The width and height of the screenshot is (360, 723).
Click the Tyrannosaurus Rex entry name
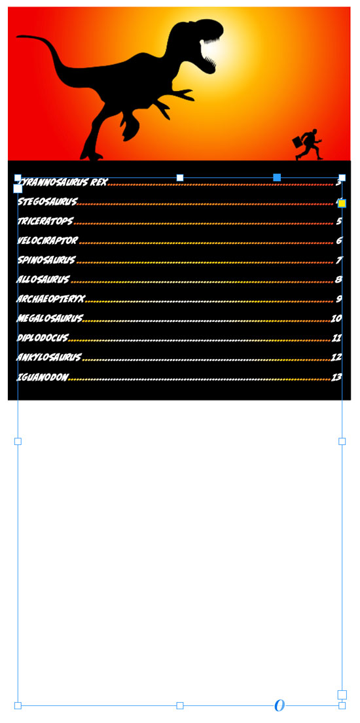pyautogui.click(x=62, y=182)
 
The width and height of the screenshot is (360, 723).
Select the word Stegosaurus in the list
pyautogui.click(x=48, y=202)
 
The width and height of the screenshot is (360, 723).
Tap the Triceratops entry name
pyautogui.click(x=45, y=221)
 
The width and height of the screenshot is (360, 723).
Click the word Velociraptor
pyautogui.click(x=48, y=240)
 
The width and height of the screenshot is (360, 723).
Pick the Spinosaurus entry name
pyautogui.click(x=46, y=260)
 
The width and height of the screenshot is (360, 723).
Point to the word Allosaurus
pyautogui.click(x=43, y=279)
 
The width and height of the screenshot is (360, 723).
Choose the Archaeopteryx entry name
pyautogui.click(x=51, y=298)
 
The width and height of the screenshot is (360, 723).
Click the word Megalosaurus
pyautogui.click(x=50, y=318)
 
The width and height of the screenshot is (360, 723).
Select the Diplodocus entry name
pyautogui.click(x=43, y=338)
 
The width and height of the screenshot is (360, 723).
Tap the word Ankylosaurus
pyautogui.click(x=49, y=357)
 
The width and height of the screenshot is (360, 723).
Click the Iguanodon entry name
pyautogui.click(x=43, y=377)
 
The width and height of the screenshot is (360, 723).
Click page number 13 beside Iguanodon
pyautogui.click(x=336, y=377)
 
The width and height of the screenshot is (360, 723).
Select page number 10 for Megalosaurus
pyautogui.click(x=336, y=318)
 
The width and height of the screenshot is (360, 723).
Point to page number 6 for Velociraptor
pyautogui.click(x=339, y=240)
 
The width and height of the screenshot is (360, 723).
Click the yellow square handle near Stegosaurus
pyautogui.click(x=342, y=203)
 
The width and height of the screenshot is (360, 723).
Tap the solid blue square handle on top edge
pyautogui.click(x=277, y=177)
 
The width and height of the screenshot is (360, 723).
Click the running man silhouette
pyautogui.click(x=308, y=145)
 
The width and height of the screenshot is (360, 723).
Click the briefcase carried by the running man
pyautogui.click(x=298, y=142)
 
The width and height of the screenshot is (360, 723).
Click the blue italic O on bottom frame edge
pyautogui.click(x=279, y=705)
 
